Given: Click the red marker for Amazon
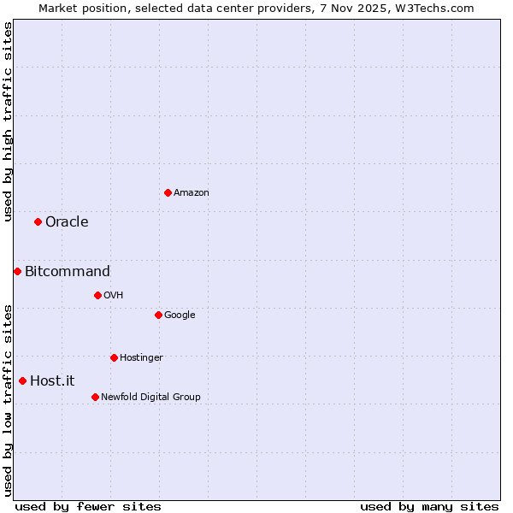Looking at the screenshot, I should (168, 192).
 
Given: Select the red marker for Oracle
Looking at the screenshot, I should (38, 221).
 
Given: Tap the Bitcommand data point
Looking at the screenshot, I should (17, 271).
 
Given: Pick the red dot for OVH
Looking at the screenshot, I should (97, 295).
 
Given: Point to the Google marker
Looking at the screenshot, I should (158, 315).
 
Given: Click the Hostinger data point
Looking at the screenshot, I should (114, 357).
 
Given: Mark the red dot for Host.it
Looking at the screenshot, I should (22, 380).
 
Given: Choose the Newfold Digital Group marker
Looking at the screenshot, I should (95, 397).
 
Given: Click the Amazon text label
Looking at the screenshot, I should (192, 193).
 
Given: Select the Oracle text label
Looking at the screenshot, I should (67, 222).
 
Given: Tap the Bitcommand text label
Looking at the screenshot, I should (68, 272).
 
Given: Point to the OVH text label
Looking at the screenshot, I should (114, 296).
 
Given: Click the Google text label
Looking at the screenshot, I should (180, 315).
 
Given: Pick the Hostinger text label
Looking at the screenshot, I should (141, 358).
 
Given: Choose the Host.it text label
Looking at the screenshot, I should (52, 381).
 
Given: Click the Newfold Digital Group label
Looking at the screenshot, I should (150, 398).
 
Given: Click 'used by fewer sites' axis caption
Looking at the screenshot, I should (88, 506).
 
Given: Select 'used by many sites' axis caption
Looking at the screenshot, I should (429, 506).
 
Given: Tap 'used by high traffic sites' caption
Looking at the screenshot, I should (8, 121).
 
